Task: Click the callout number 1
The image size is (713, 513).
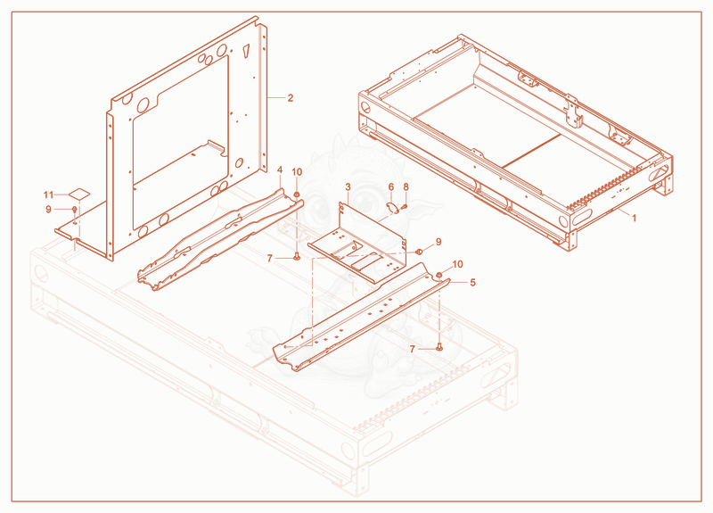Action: [634, 218]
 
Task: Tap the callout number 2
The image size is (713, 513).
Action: [291, 98]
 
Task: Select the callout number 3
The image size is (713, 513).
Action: [348, 186]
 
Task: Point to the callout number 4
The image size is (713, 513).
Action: [280, 170]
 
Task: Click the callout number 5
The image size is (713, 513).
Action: [472, 283]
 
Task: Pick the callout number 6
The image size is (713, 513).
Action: [391, 187]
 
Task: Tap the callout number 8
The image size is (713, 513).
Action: [406, 187]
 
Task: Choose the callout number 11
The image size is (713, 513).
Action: [49, 194]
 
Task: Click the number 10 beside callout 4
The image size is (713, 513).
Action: [297, 172]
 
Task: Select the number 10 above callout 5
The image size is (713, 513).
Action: [457, 264]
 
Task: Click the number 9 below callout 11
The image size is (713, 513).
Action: [49, 210]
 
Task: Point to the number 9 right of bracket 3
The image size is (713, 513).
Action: [438, 242]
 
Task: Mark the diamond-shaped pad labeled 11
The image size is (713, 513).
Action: [79, 194]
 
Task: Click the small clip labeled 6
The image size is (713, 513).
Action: [392, 208]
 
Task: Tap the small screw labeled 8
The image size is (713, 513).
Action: [404, 206]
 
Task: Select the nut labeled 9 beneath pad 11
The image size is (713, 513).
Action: [75, 210]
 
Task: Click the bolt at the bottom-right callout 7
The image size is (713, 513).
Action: [439, 347]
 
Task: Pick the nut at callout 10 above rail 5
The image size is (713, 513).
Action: [439, 275]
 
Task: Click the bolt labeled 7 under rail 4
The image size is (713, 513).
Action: [297, 257]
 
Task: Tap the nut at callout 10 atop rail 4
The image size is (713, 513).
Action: [297, 195]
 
